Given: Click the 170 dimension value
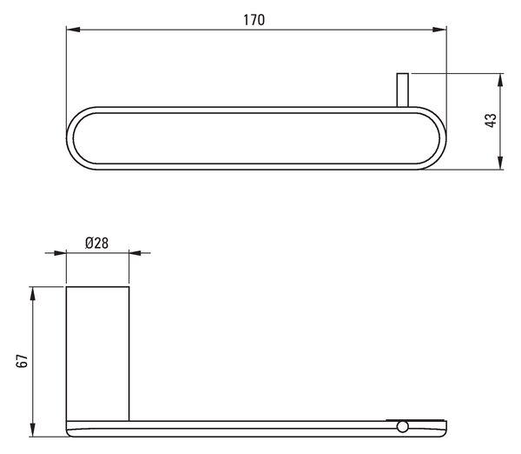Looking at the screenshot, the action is (254, 20).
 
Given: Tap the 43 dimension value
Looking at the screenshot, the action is (491, 120).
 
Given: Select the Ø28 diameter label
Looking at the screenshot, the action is (96, 243).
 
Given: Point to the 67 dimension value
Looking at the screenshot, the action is (23, 360).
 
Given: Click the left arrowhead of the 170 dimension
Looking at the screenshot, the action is (74, 30).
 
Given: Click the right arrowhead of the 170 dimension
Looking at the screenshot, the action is (439, 30).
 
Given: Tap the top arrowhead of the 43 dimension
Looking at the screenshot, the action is (500, 81).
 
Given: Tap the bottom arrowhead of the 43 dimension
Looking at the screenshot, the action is (500, 163).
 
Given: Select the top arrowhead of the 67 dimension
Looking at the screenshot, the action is (32, 294).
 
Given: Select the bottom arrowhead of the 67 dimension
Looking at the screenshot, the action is (32, 430).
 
